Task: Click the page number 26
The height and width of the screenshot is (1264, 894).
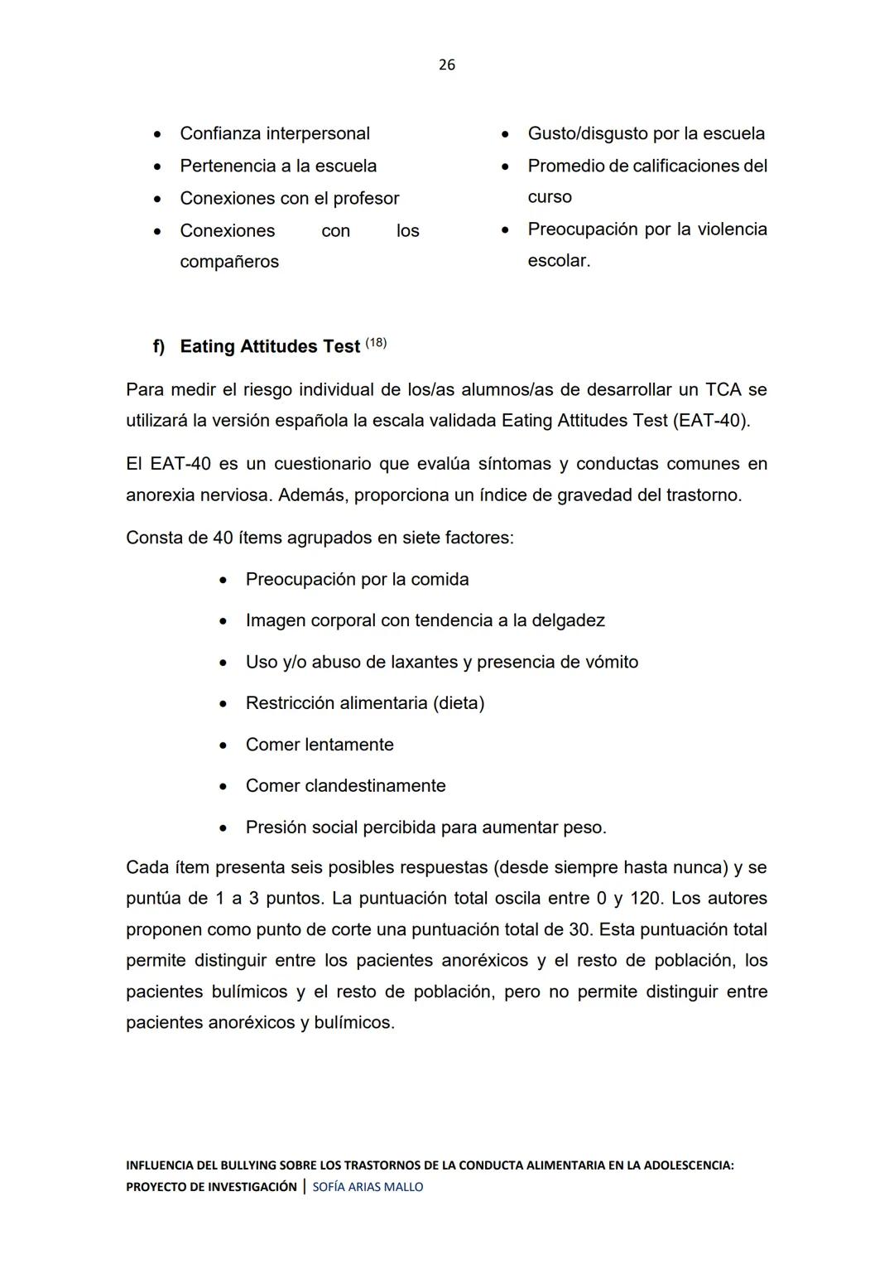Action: point(446,65)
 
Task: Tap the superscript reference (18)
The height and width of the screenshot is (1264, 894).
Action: point(376,343)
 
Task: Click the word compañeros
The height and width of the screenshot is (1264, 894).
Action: point(229,262)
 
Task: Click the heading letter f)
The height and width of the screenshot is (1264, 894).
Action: point(159,346)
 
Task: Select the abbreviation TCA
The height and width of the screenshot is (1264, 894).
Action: point(723,389)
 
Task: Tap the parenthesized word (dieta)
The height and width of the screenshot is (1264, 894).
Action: point(458,703)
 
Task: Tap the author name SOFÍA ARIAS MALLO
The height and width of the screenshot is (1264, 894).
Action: point(368,1187)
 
